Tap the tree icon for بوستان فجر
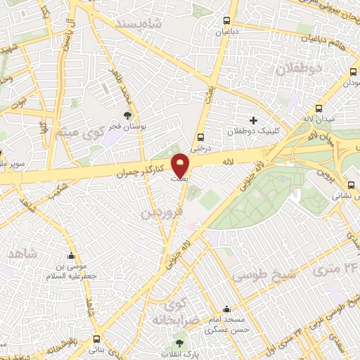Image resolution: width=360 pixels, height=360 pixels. click(127, 115)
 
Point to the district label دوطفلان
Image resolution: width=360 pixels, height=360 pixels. click(298, 69)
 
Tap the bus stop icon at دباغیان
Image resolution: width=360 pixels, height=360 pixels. click(226, 21)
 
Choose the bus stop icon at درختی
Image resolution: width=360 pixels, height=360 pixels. click(202, 137)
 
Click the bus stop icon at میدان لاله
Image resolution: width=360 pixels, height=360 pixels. click(319, 109)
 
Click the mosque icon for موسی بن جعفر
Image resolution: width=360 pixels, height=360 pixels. click(70, 257)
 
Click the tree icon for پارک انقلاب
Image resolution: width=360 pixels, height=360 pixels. click(179, 343)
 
